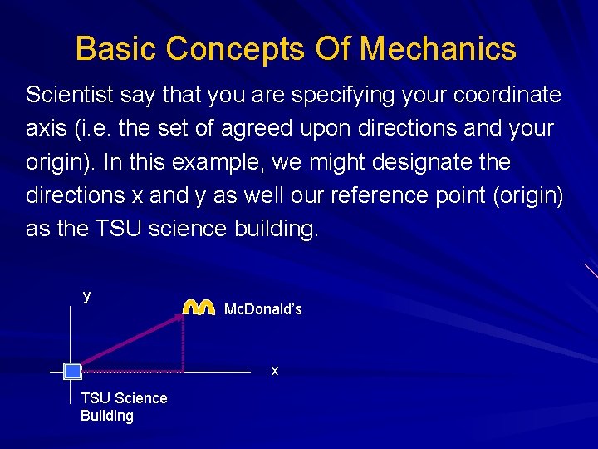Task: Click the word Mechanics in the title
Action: click(438, 49)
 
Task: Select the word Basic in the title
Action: click(116, 49)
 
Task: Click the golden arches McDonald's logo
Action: click(199, 307)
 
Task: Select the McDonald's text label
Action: click(263, 309)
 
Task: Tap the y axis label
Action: click(86, 296)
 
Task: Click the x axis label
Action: click(275, 371)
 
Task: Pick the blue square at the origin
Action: click(72, 371)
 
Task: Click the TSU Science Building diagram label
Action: click(123, 407)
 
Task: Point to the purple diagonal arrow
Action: click(129, 342)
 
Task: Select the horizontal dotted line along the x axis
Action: click(133, 371)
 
